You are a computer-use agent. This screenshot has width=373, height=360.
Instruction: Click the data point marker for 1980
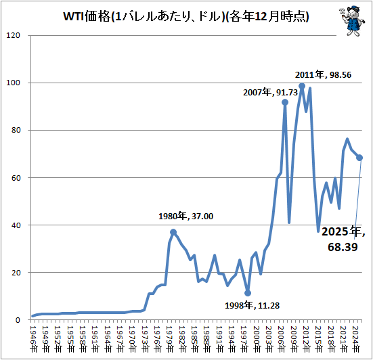pos(173,232)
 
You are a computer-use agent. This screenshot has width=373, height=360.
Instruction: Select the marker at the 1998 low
pos(248,293)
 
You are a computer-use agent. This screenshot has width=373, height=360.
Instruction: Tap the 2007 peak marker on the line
pos(285,102)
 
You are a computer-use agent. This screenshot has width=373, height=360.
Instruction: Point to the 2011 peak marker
pos(302,86)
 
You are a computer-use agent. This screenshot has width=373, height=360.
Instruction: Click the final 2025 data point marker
pos(359,158)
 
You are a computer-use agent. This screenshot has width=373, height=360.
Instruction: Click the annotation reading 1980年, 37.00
pos(185,217)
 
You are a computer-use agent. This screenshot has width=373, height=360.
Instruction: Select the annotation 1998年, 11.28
pos(252,305)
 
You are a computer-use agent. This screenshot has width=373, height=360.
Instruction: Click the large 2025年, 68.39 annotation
pos(343,240)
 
